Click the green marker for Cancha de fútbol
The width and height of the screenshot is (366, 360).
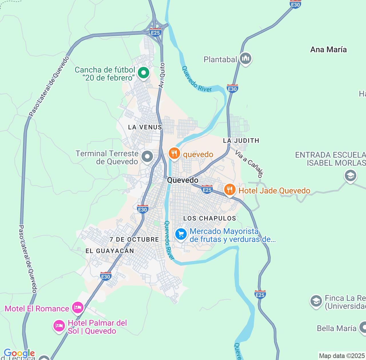coord(144,73)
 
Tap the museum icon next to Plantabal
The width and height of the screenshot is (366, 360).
coord(245,59)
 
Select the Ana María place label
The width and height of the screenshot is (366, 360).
coord(328,49)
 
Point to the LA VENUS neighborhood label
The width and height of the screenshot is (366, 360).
coord(145,127)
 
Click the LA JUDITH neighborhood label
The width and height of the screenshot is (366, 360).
coord(241,141)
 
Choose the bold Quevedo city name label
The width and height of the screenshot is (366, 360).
coord(183,180)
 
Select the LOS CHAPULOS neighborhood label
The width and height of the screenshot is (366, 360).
coord(210,218)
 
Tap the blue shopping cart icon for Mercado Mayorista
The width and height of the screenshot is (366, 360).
coord(181,234)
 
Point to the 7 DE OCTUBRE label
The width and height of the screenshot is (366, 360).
coord(134,239)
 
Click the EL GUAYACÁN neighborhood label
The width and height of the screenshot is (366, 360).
coord(110,251)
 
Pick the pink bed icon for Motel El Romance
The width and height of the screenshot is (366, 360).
coord(77,307)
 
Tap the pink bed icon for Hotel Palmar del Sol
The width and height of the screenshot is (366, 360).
coord(59,325)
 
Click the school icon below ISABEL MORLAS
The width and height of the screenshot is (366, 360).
coord(350,175)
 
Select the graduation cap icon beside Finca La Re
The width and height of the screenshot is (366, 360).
coord(316,301)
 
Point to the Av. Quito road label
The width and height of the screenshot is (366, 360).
coord(162,75)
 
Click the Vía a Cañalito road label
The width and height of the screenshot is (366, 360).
coord(249,163)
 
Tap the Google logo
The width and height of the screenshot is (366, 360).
coord(19,353)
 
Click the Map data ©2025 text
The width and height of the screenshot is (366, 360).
coord(342,356)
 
